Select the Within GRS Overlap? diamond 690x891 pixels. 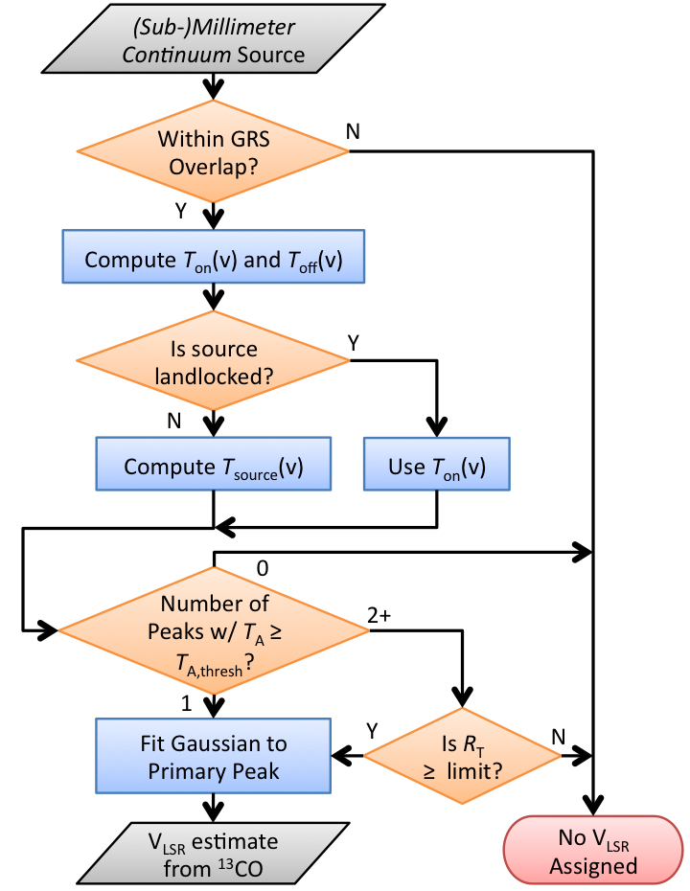(x=213, y=150)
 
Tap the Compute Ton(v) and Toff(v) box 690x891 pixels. (x=213, y=259)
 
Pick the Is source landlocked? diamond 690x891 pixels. (x=213, y=360)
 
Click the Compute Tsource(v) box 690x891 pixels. (x=213, y=467)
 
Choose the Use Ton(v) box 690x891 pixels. (x=436, y=467)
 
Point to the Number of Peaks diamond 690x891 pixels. (x=213, y=630)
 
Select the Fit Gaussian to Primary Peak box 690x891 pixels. (x=213, y=757)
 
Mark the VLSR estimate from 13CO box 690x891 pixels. (x=213, y=855)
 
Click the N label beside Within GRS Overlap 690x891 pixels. (x=353, y=130)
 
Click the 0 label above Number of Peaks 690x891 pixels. (x=263, y=567)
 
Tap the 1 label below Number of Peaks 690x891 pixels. (x=188, y=702)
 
